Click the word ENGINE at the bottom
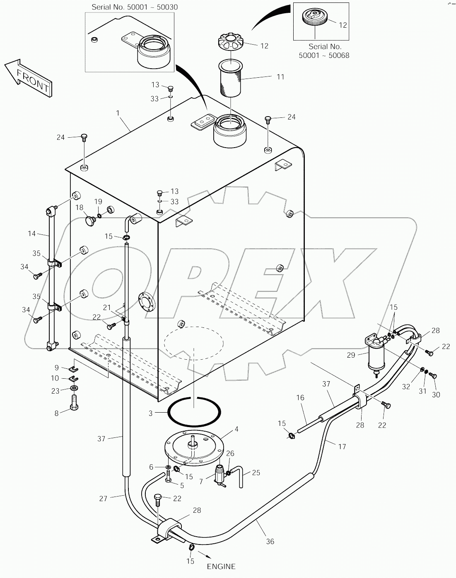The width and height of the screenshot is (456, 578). (222, 566)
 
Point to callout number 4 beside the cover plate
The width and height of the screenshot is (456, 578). (236, 429)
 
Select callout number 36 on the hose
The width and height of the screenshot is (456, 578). (270, 541)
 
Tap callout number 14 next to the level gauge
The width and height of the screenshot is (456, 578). (32, 234)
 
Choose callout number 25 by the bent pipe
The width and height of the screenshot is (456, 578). (256, 472)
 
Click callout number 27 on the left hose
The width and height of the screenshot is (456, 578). (103, 498)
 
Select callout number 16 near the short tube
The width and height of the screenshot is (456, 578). (300, 397)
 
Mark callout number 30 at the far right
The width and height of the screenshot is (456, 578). (436, 394)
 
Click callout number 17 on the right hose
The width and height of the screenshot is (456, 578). (342, 447)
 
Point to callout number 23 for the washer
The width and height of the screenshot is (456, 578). (55, 390)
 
